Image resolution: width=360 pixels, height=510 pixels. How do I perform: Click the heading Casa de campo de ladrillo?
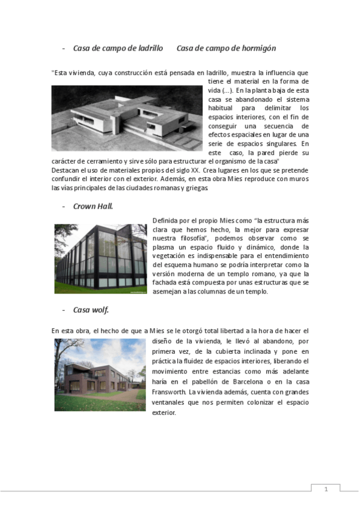(118, 48)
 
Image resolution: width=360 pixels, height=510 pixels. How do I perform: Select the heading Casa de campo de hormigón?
(226, 48)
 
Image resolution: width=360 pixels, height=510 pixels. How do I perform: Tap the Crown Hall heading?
(93, 206)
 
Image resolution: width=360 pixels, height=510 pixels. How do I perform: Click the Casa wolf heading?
(91, 310)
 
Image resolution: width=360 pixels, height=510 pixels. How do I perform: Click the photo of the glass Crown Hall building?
(100, 259)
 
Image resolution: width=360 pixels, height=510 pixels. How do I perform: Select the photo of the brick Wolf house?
(100, 375)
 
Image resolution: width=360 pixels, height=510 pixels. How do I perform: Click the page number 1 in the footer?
(326, 489)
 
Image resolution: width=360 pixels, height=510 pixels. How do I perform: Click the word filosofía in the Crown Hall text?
(189, 238)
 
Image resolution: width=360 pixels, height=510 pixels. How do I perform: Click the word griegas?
(195, 188)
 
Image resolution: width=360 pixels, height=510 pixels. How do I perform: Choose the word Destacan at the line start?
(66, 170)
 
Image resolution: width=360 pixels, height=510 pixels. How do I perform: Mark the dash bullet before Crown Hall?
(63, 206)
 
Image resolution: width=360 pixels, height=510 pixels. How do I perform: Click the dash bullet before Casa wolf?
(63, 310)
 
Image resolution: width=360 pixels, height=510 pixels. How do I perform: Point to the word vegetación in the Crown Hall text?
(173, 256)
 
